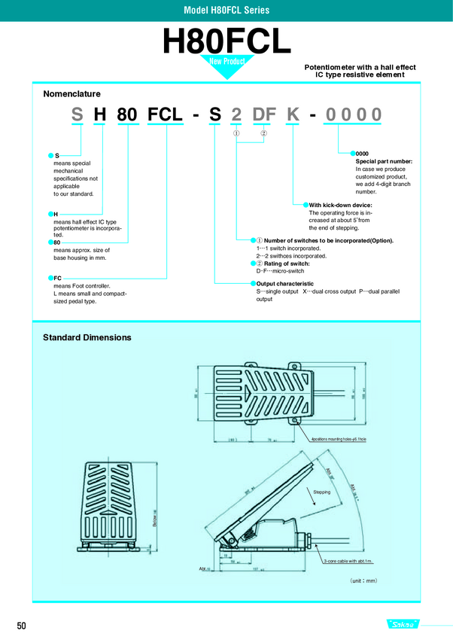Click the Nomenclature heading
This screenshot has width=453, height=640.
tap(72, 94)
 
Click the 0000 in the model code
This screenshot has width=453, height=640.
tap(352, 115)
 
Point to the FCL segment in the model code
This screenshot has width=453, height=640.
tap(166, 115)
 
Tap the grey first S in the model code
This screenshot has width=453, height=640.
tap(77, 115)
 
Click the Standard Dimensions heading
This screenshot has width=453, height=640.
tap(87, 337)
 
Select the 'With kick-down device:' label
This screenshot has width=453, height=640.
tap(340, 205)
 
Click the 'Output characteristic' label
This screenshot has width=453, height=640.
tap(284, 283)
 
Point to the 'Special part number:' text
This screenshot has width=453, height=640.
tap(384, 161)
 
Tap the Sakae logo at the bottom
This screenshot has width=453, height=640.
tap(406, 625)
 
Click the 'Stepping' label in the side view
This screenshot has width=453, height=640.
tap(321, 491)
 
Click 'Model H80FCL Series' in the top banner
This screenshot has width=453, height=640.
tap(226, 10)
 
